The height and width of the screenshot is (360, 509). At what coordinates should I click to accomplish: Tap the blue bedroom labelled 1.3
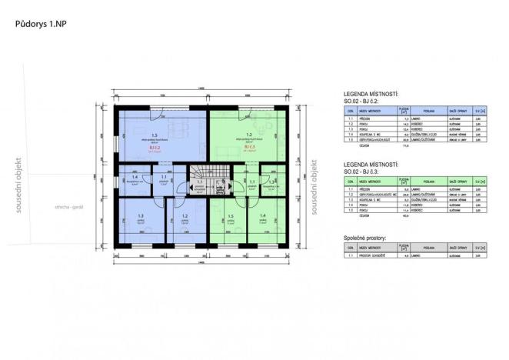pyautogui.click(x=140, y=220)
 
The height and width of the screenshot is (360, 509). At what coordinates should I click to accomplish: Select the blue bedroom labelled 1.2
pyautogui.click(x=185, y=220)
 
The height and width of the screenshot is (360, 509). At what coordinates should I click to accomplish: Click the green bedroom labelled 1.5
pyautogui.click(x=229, y=220)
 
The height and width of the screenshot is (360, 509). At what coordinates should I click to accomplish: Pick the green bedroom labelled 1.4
pyautogui.click(x=263, y=220)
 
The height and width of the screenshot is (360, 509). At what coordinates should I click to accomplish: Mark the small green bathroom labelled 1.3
pyautogui.click(x=272, y=182)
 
